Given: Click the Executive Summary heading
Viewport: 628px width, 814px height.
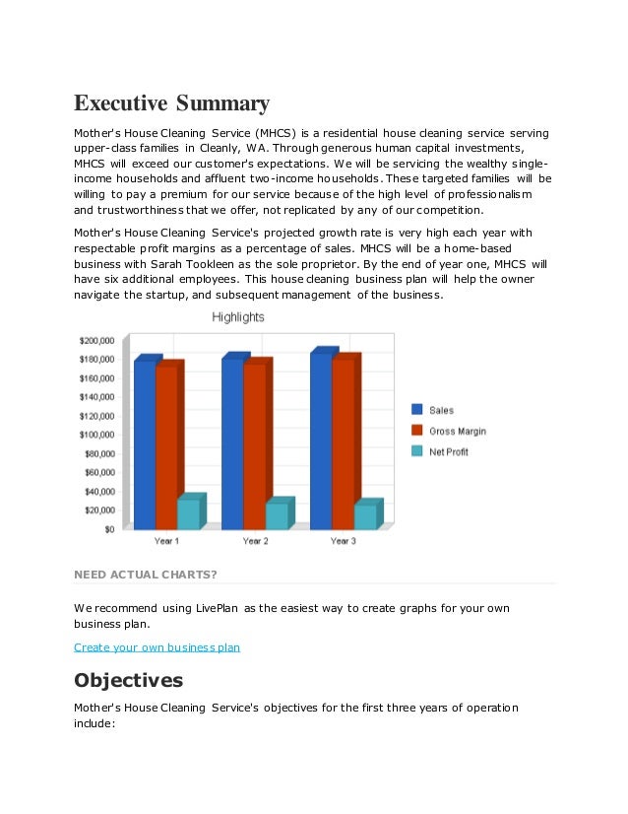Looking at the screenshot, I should coord(171,103).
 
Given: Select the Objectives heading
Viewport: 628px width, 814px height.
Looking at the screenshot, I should coord(128,680).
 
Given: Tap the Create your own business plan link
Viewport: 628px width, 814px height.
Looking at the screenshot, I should coord(157,647).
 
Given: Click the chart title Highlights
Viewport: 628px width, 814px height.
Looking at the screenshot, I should coord(237,317).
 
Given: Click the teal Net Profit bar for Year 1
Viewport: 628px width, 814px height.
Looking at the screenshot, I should coord(188,513).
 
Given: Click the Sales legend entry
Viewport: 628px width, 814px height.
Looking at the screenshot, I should coord(441,410).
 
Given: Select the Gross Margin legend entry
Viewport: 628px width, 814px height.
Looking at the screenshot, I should coord(457,431).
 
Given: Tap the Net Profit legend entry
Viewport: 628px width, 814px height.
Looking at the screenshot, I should coord(448,451).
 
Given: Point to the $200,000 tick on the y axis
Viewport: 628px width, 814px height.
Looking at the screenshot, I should coord(96,340).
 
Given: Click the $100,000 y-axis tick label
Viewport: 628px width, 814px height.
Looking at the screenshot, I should coord(96,435).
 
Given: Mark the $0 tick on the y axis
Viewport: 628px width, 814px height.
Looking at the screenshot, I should coord(108,529).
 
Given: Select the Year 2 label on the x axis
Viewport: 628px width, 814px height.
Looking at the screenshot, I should coord(254,541).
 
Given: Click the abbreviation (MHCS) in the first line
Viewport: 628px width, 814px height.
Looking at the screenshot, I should coord(283,132).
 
